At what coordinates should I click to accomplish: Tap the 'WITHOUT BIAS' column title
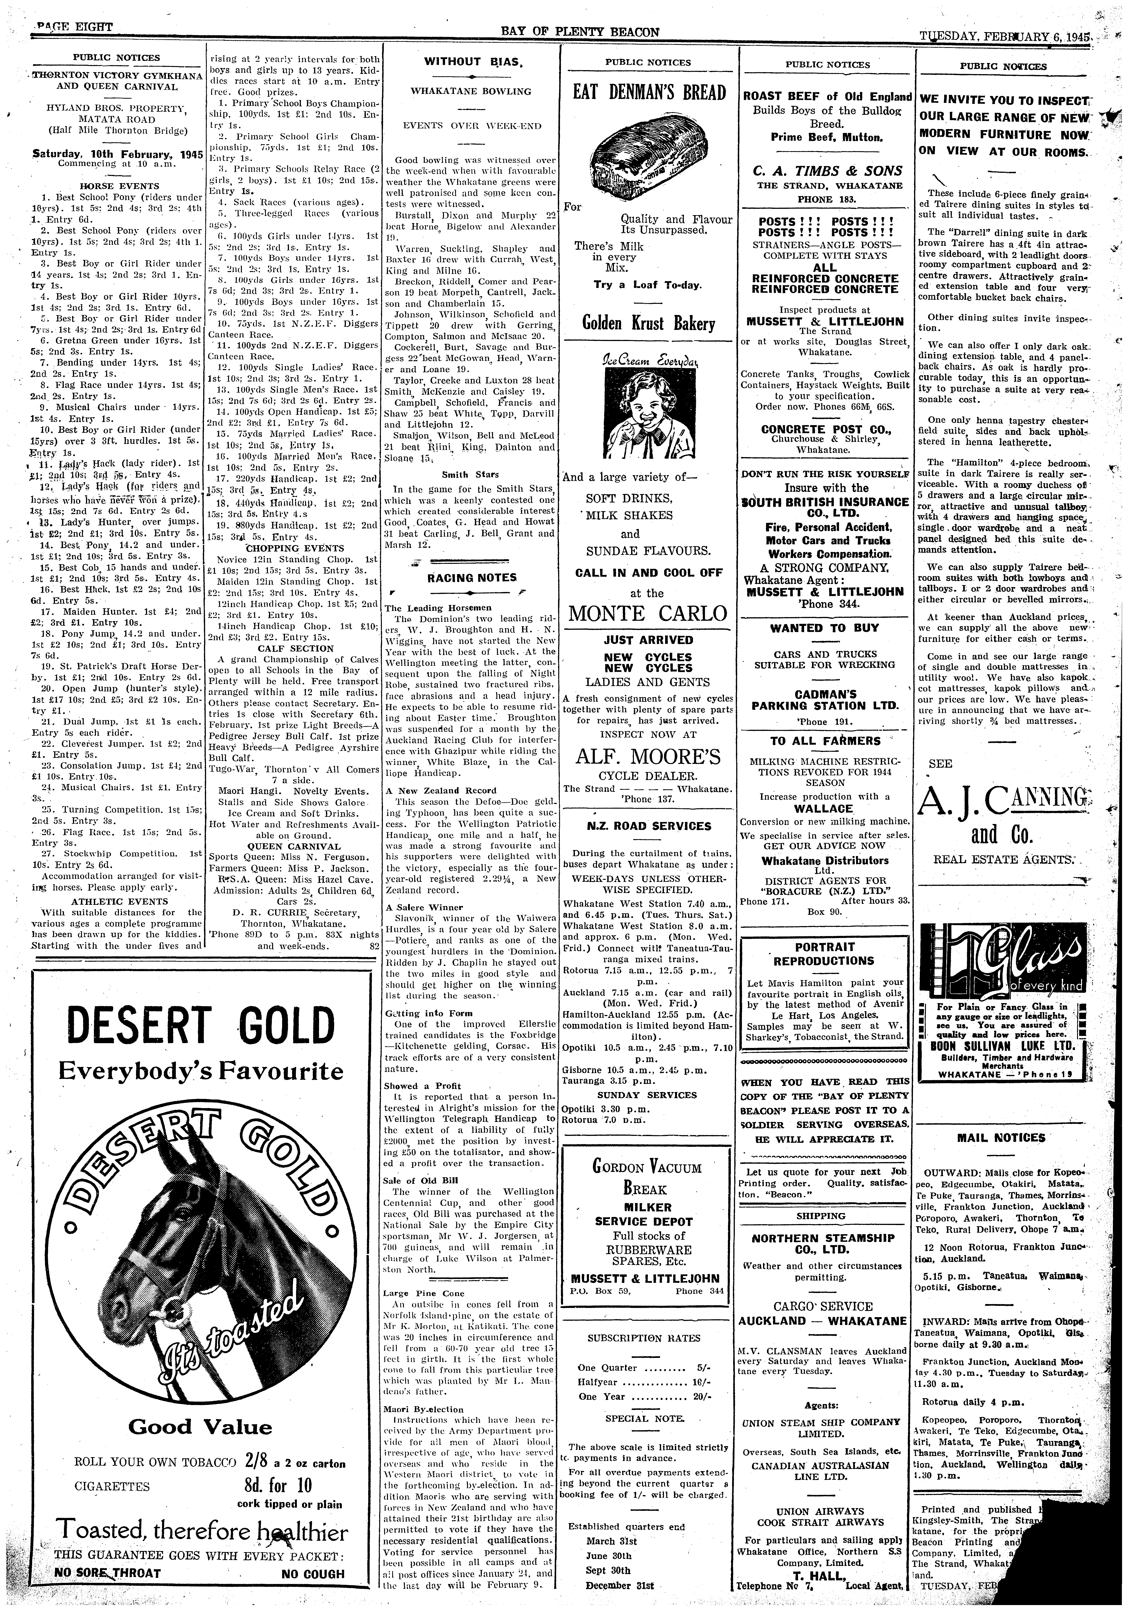click(x=471, y=62)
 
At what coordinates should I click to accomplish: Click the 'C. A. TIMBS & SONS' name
click(x=827, y=171)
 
